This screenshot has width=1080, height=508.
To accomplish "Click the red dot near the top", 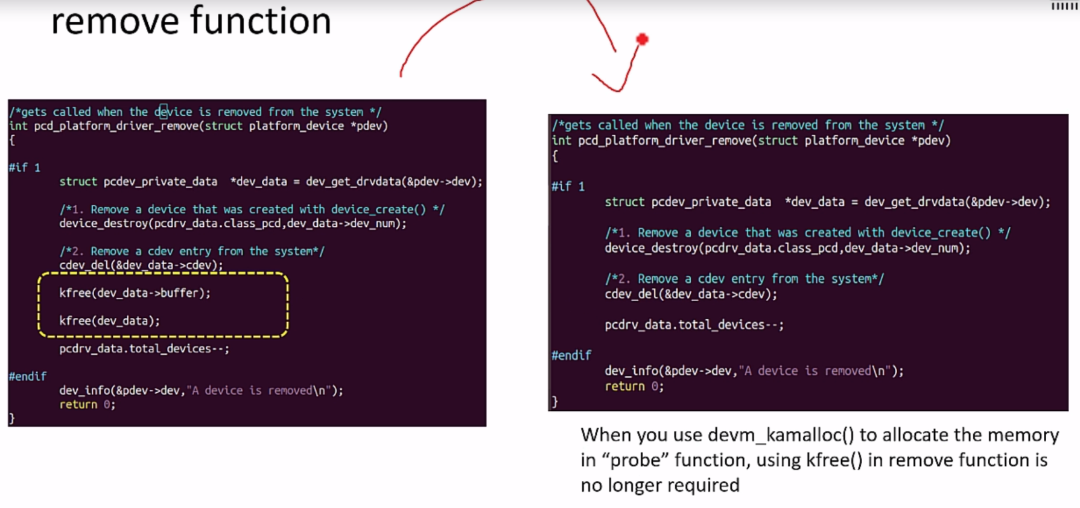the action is pos(642,40).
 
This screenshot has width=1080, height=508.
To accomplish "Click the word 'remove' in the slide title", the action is pos(115,22).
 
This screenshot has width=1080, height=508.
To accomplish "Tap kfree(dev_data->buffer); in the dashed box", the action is pos(135,293).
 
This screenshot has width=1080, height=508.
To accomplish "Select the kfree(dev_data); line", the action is pos(109,321).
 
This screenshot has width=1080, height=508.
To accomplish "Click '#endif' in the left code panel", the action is pos(28,376).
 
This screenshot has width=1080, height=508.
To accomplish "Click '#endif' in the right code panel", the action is pos(571,355).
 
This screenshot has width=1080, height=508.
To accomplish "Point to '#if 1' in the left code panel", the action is pos(25,168).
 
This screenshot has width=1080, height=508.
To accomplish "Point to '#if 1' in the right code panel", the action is pos(568,186).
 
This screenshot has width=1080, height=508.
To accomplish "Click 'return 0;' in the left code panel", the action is pos(87,405).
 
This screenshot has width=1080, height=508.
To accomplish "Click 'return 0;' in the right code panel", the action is pos(634,387).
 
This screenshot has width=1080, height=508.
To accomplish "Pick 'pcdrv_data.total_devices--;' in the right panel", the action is pos(694,325).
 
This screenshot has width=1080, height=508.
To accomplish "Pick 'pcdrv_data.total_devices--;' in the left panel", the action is pos(144,349).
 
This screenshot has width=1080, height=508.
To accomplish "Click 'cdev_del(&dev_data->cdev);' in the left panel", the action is pos(141,265).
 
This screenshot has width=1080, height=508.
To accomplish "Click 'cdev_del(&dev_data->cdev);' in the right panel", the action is pos(691,294).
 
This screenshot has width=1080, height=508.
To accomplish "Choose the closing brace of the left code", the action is pos(12,418).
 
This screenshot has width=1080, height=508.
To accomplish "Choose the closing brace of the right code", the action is pos(555,402).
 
